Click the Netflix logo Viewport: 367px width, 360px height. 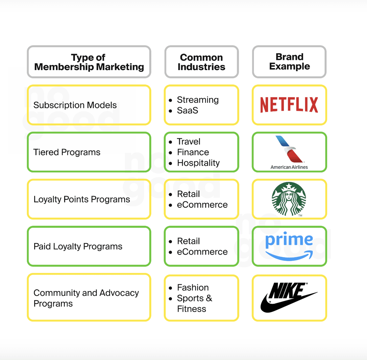tap(289, 105)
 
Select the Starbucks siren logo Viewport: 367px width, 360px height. tap(289, 199)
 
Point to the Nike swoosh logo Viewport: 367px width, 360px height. tap(289, 297)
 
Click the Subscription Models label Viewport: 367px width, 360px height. tap(75, 105)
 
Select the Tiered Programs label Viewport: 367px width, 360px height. tap(67, 152)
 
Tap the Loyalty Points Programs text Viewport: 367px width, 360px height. tap(82, 199)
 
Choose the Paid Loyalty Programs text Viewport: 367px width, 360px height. tap(78, 247)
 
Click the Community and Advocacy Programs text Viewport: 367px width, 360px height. tap(86, 298)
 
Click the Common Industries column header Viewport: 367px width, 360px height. tap(201, 62)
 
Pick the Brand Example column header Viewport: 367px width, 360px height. tap(289, 61)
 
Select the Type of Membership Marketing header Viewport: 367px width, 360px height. tap(89, 62)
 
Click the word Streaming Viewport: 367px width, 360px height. tap(198, 100)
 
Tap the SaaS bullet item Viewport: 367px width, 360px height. tap(187, 110)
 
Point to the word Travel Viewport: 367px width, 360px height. tap(188, 141)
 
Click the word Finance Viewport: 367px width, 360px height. tap(193, 152)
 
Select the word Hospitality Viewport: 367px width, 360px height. tap(198, 163)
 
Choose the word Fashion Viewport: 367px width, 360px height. tap(193, 287)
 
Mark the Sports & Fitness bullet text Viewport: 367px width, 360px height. tap(194, 303)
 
